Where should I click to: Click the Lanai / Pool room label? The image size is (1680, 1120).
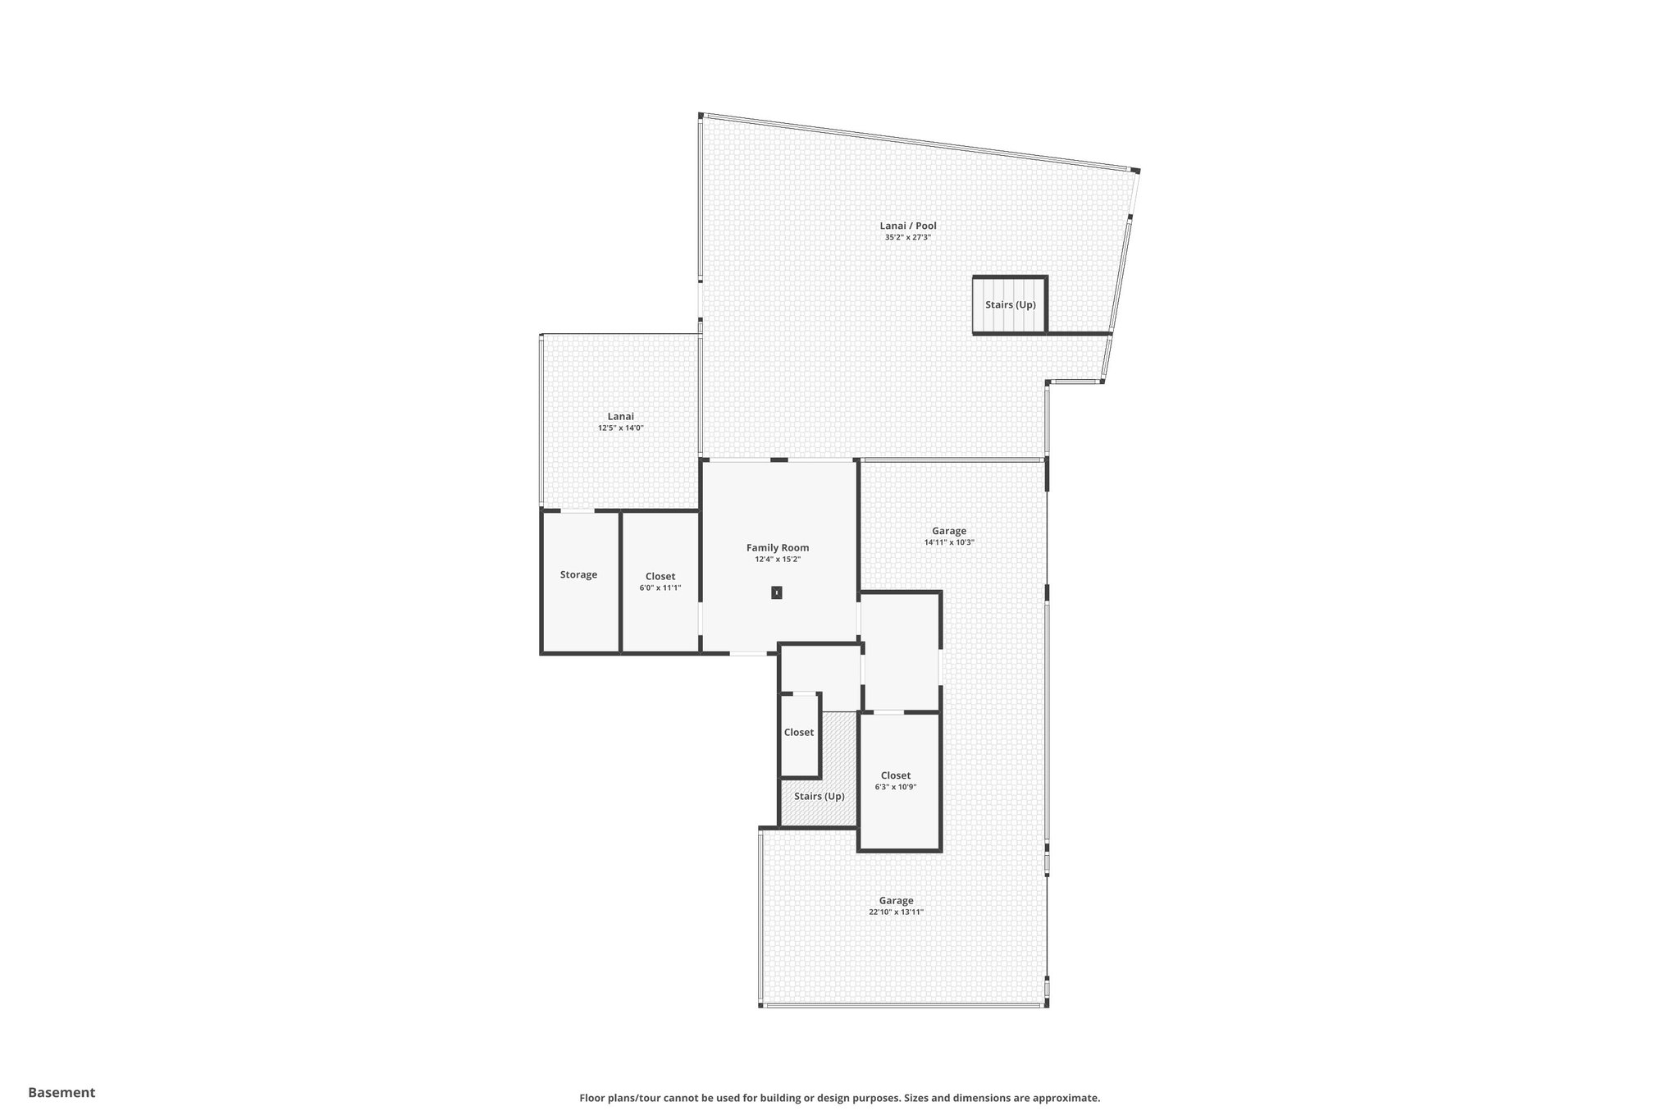(907, 226)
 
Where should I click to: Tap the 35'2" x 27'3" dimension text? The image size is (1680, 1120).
(907, 238)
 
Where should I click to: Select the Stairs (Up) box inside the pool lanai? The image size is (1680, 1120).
(1010, 304)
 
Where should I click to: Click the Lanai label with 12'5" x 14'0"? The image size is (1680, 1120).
(620, 416)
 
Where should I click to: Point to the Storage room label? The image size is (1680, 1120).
(578, 574)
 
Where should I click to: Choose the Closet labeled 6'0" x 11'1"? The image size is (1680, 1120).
(660, 577)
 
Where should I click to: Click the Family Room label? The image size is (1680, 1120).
(777, 547)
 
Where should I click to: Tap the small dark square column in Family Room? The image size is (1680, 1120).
(776, 592)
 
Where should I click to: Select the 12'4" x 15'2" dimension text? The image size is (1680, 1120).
(777, 560)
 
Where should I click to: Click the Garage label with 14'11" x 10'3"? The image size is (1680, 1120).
(948, 531)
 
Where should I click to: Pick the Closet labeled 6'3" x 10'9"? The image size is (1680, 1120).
(895, 775)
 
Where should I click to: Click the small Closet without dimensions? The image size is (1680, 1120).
(798, 732)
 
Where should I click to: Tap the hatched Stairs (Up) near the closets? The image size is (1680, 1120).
(819, 796)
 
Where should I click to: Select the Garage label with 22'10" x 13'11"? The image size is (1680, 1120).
(896, 900)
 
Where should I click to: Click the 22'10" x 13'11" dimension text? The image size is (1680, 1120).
(896, 912)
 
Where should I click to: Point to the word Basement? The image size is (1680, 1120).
(62, 1092)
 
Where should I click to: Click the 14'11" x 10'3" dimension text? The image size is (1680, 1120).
(948, 542)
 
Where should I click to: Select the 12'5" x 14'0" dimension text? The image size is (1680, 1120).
(620, 428)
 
